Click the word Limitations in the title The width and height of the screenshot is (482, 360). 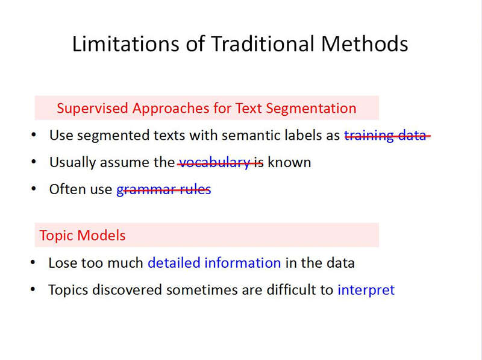pyautogui.click(x=125, y=43)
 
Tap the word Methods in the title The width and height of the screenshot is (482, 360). pyautogui.click(x=365, y=43)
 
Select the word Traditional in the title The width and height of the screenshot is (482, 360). pyautogui.click(x=263, y=43)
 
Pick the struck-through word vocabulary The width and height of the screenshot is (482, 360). pyautogui.click(x=214, y=162)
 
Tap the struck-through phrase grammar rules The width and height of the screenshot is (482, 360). pyautogui.click(x=164, y=189)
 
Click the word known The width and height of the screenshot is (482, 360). pyautogui.click(x=289, y=162)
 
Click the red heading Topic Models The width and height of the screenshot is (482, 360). pyautogui.click(x=83, y=235)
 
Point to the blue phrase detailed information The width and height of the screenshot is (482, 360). pyautogui.click(x=214, y=263)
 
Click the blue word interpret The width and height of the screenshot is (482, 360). pyautogui.click(x=366, y=290)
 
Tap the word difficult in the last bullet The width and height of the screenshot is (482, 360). pyautogui.click(x=295, y=289)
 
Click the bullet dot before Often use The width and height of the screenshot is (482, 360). pyautogui.click(x=34, y=188)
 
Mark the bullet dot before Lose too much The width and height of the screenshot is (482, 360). pyautogui.click(x=33, y=262)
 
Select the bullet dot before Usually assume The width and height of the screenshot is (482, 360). pyautogui.click(x=34, y=162)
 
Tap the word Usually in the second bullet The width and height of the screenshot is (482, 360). pyautogui.click(x=72, y=162)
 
